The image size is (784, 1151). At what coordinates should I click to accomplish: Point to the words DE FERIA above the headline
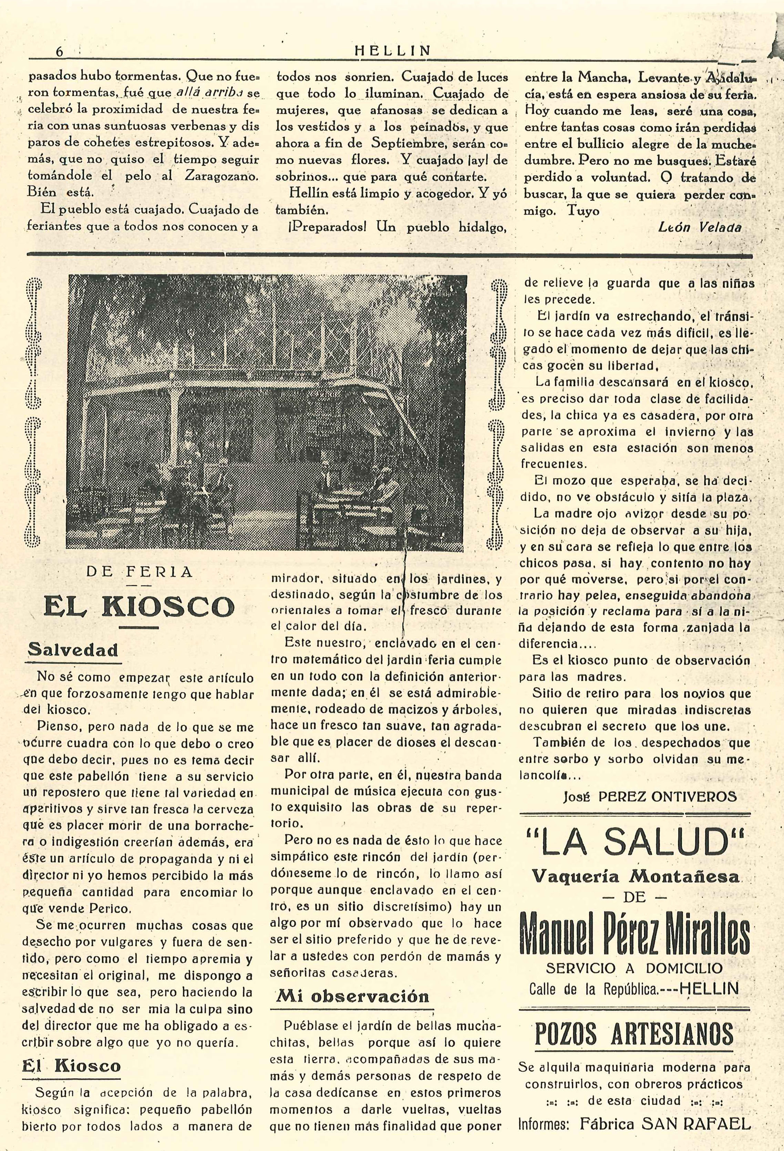tap(139, 572)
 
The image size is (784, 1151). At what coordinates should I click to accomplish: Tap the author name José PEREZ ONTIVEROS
tap(650, 797)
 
